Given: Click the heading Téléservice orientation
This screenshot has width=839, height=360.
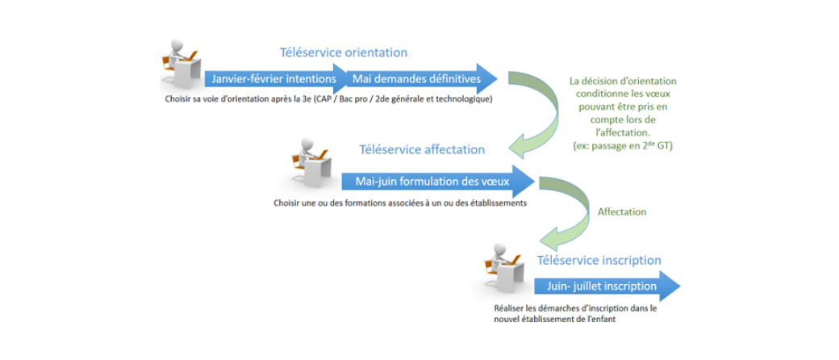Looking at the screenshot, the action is click(344, 52).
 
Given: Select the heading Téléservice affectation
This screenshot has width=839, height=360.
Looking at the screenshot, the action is click(422, 149).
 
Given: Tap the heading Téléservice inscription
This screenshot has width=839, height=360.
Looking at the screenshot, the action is click(599, 261).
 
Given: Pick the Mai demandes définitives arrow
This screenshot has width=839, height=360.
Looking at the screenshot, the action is click(423, 79).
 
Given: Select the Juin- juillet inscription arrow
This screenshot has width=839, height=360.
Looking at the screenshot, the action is click(607, 286).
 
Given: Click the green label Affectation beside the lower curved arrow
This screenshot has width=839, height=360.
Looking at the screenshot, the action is click(622, 211).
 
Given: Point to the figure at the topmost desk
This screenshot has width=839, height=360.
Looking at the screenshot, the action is click(182, 63).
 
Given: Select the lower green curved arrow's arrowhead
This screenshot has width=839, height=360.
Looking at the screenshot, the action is click(553, 237).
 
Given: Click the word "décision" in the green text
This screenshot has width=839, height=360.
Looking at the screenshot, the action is click(601, 81).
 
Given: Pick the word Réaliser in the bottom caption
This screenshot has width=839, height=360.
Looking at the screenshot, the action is click(508, 309).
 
